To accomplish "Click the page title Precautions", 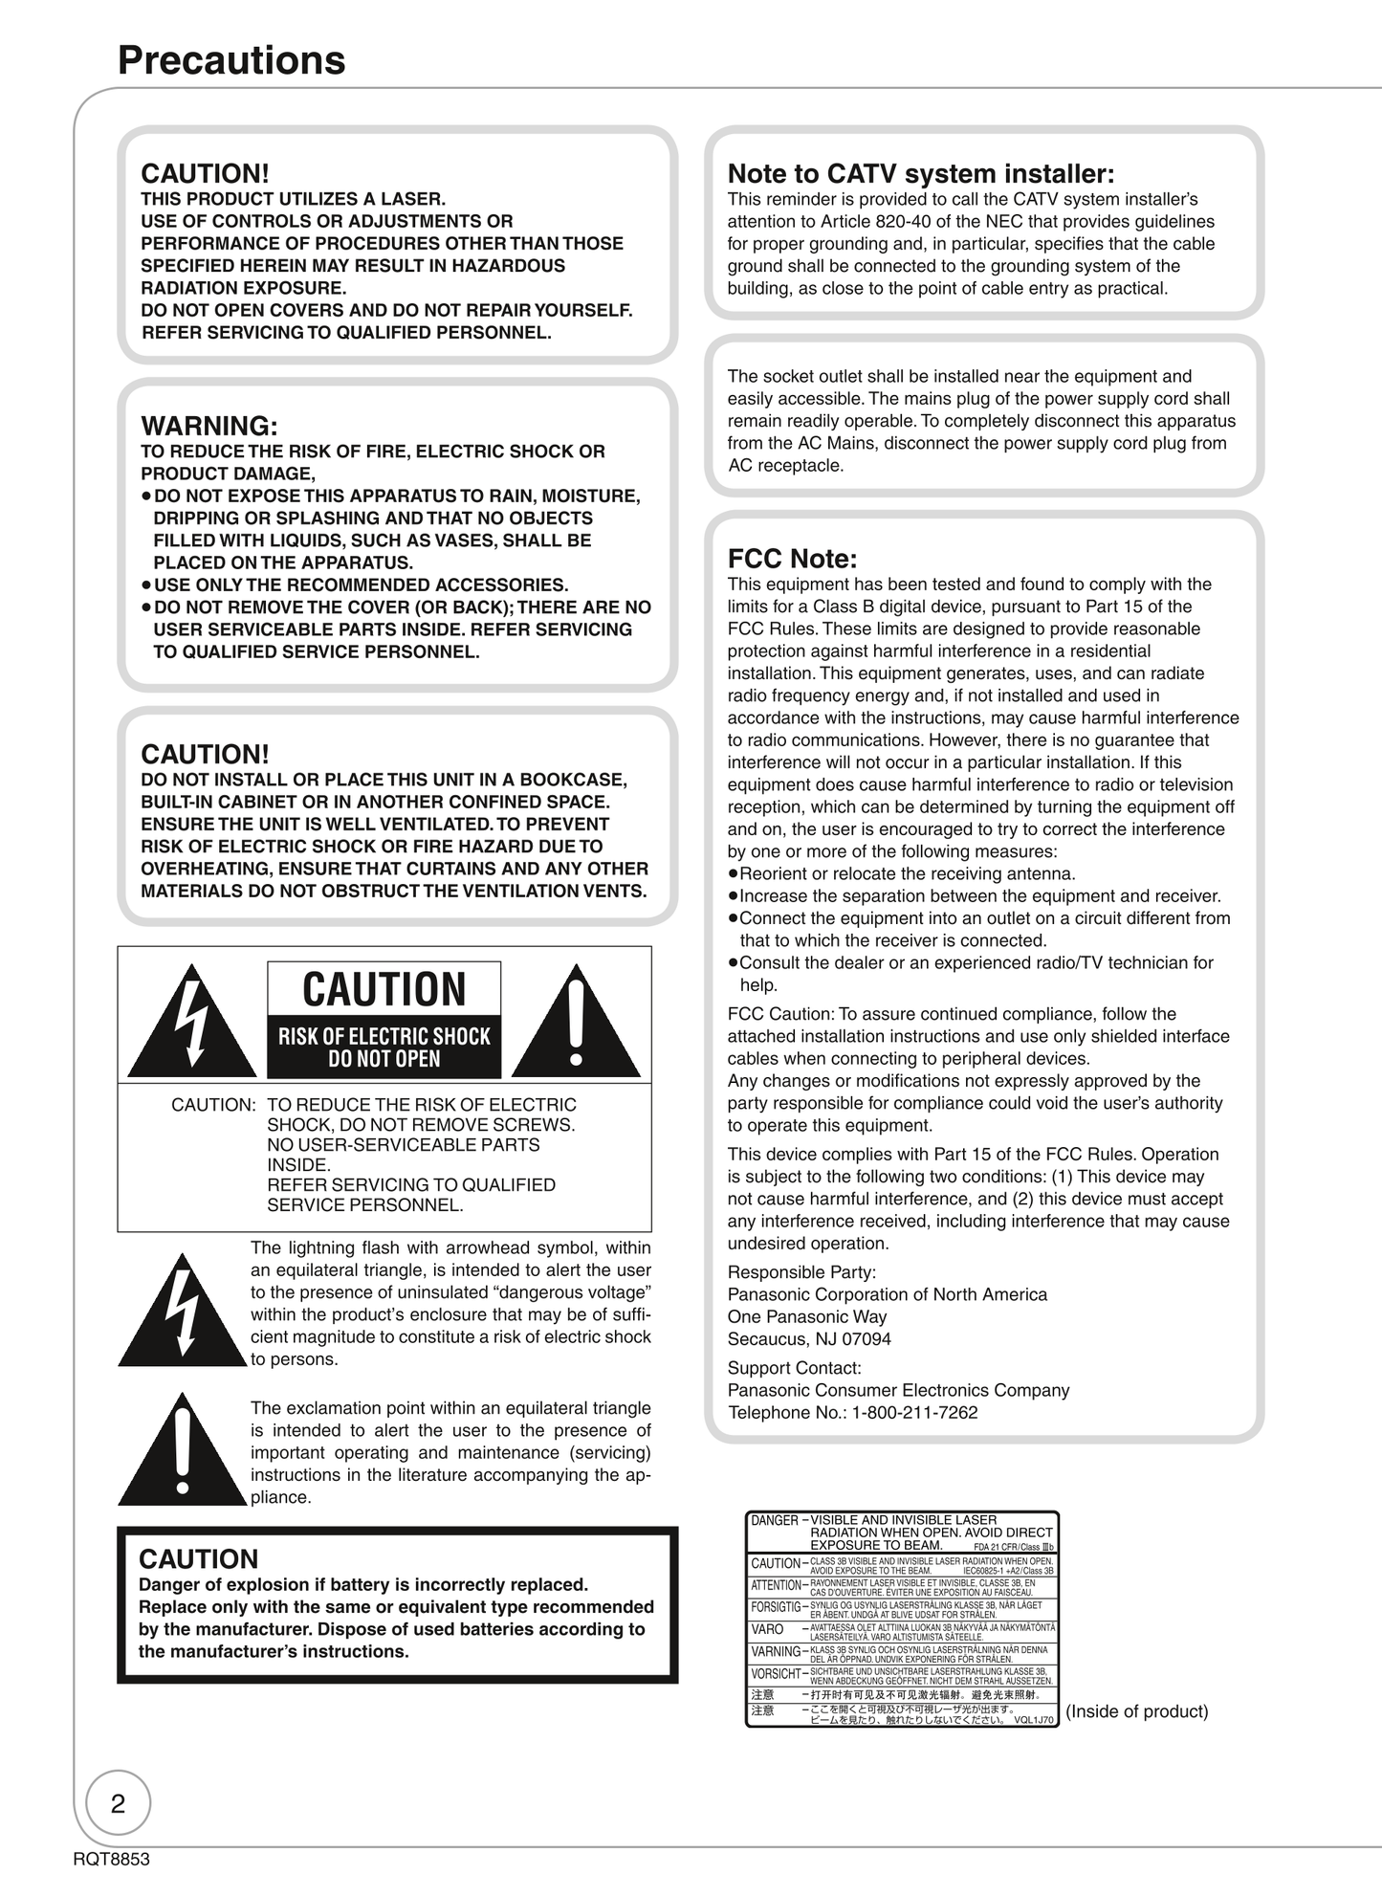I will click(231, 60).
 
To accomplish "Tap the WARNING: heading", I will click(209, 426).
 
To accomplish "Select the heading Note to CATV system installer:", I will click(920, 174).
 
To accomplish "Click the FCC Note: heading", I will click(792, 559).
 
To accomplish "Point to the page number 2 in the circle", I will click(119, 1803).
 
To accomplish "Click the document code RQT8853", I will click(111, 1859).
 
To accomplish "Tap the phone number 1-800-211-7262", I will click(914, 1413).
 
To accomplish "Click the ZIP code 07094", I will click(866, 1339).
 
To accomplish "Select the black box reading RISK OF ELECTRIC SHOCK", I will click(384, 1047).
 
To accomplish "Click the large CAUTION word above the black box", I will click(384, 989).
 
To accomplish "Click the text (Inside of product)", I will click(1136, 1711).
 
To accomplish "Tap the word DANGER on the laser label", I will click(774, 1520).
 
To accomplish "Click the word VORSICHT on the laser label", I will click(776, 1674).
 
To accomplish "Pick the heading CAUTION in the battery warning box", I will click(199, 1559).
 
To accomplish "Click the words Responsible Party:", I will click(801, 1272).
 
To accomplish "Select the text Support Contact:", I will click(794, 1368).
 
